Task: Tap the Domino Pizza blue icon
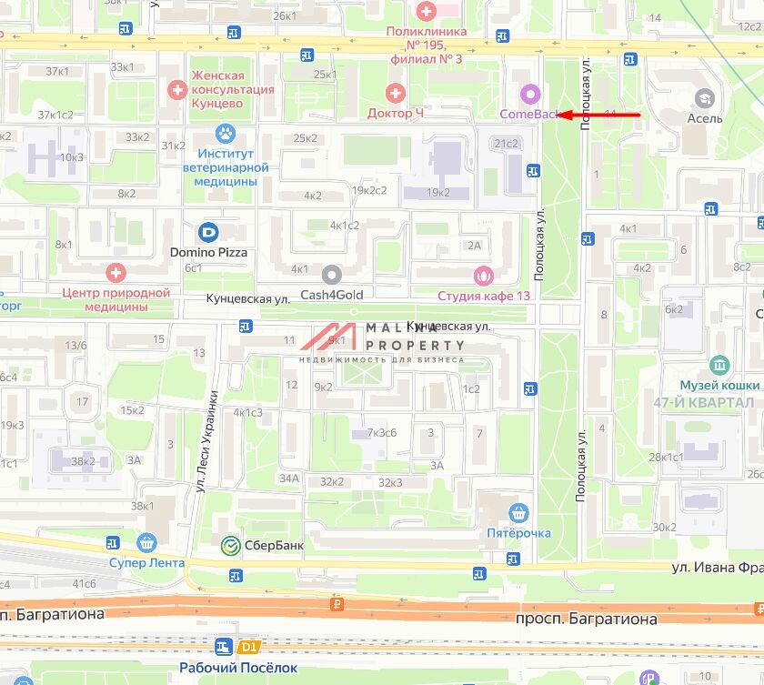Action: [x=207, y=233]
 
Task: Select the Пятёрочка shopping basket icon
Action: [x=518, y=513]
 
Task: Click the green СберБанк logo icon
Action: [x=231, y=545]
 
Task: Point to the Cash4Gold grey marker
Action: [x=331, y=274]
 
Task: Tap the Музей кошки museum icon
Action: [x=719, y=366]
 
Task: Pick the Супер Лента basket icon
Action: [x=146, y=543]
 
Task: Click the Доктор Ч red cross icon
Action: [x=395, y=93]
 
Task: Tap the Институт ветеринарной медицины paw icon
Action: [x=226, y=135]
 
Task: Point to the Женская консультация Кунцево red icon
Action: [x=177, y=89]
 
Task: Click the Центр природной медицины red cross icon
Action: [x=116, y=272]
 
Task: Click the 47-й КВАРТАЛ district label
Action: [x=716, y=402]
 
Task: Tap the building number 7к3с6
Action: [x=381, y=432]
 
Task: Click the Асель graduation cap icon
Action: [x=703, y=98]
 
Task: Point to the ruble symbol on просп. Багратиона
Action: [x=337, y=604]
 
